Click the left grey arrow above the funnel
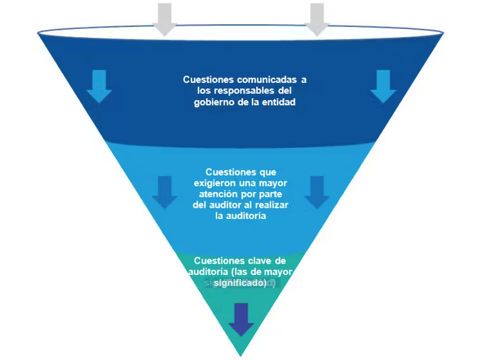(x=164, y=20)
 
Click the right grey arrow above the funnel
(x=317, y=20)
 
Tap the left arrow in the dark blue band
(x=99, y=86)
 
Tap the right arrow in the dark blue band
(x=383, y=86)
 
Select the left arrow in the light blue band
(x=164, y=192)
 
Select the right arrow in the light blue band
(x=317, y=192)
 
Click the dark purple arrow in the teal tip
(x=241, y=320)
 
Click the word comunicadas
(x=267, y=80)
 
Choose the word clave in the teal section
(x=259, y=261)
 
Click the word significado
(x=240, y=283)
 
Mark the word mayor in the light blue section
(x=273, y=184)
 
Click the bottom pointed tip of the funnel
(x=240, y=356)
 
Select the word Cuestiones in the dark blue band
(x=208, y=80)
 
